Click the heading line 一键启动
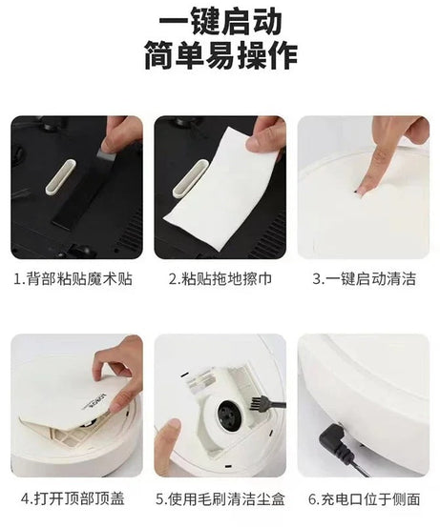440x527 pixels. point(220,20)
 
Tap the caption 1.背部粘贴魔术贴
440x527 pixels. point(76,280)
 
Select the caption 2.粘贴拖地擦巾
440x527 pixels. point(219,280)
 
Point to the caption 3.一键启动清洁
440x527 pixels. point(364,280)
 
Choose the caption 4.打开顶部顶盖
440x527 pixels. point(76,497)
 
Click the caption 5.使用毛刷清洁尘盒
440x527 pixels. point(220,497)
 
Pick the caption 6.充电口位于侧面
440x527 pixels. point(364,497)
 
